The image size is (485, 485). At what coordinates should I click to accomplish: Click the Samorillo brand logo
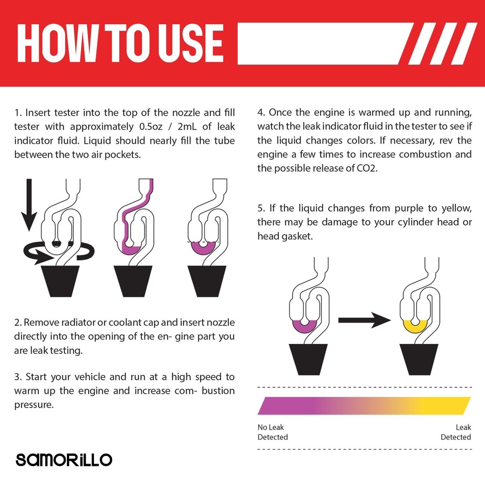(x=64, y=460)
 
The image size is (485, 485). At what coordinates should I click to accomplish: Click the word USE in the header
(x=191, y=43)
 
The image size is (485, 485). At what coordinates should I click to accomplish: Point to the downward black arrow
(x=29, y=205)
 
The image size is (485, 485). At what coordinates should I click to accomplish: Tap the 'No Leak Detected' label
(x=273, y=432)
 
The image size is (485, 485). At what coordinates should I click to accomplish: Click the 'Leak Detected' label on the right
(x=455, y=432)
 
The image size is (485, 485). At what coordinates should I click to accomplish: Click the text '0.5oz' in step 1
(x=151, y=127)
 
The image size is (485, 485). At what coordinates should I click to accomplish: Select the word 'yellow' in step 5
(x=456, y=208)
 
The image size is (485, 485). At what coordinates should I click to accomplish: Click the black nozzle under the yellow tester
(x=419, y=359)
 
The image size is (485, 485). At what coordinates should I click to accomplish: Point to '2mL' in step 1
(x=187, y=127)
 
